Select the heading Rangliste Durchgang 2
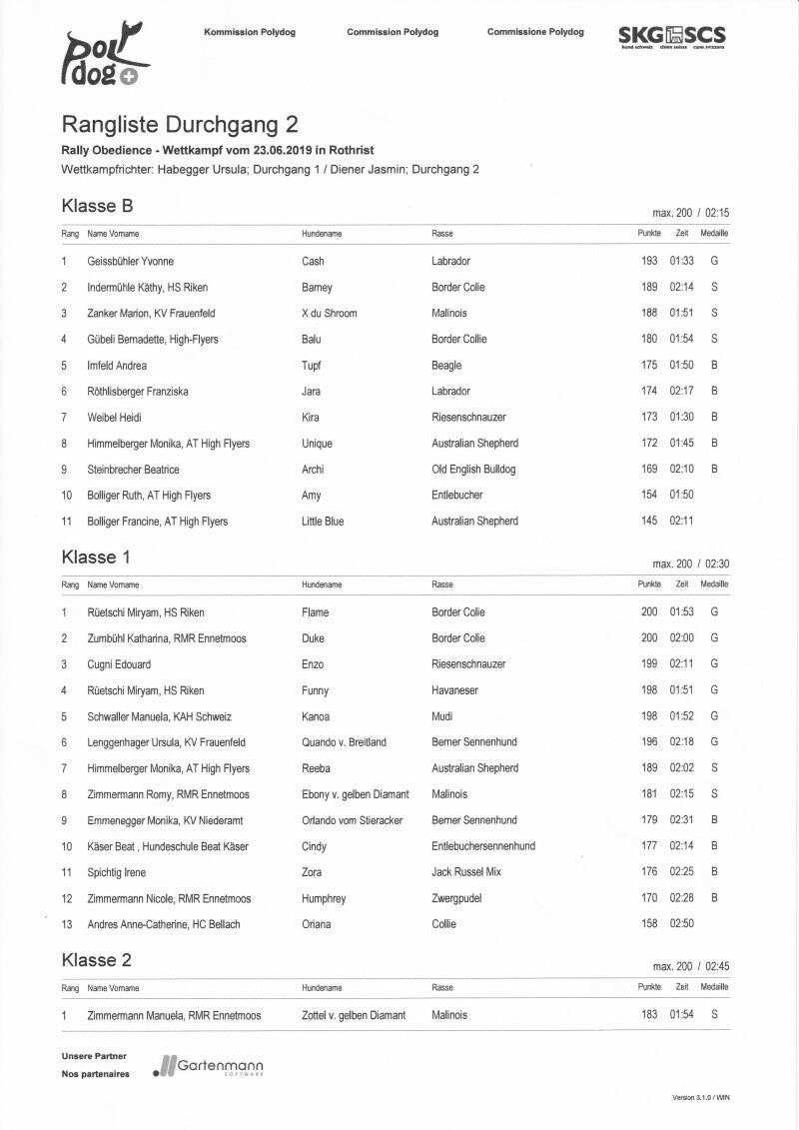[180, 125]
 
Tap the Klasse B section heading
[97, 206]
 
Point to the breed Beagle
[447, 365]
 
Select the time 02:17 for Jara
[681, 391]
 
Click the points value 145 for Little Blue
[649, 521]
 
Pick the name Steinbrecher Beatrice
[134, 469]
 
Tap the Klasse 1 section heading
[96, 557]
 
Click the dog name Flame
[315, 612]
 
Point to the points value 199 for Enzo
[649, 664]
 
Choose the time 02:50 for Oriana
[681, 924]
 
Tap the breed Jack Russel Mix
[466, 872]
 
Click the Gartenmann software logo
[209, 1067]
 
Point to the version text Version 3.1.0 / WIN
[701, 1098]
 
